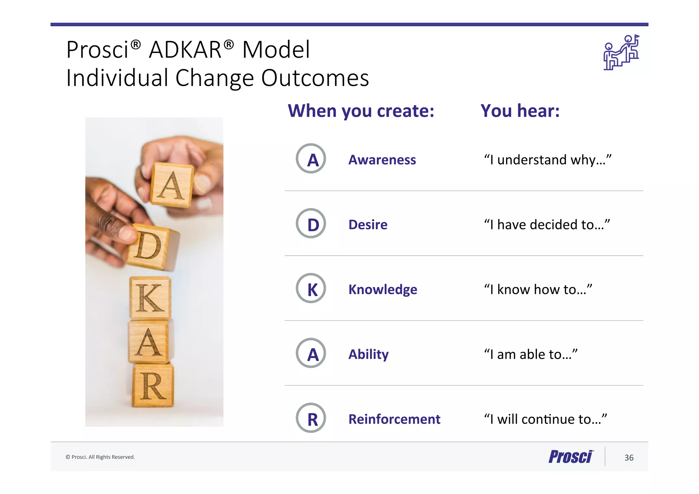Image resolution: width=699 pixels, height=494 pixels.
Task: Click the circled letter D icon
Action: pyautogui.click(x=311, y=223)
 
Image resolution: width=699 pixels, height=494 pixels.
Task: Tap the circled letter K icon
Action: pyautogui.click(x=311, y=288)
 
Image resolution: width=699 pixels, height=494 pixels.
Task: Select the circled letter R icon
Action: pyautogui.click(x=311, y=418)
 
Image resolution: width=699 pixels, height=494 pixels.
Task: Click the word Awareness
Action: pyautogui.click(x=382, y=160)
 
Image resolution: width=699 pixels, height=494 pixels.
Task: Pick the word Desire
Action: pyautogui.click(x=368, y=225)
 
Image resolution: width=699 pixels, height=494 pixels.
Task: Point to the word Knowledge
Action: pyautogui.click(x=383, y=290)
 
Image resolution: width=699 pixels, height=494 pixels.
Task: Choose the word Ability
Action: pyautogui.click(x=368, y=354)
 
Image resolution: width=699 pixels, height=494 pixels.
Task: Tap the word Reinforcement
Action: pyautogui.click(x=394, y=419)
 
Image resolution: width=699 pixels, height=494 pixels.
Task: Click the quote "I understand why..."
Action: pyautogui.click(x=547, y=159)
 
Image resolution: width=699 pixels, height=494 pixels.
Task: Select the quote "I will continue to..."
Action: pyautogui.click(x=545, y=419)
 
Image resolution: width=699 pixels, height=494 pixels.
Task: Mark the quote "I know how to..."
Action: pyautogui.click(x=538, y=289)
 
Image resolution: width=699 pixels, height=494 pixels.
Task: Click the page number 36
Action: pyautogui.click(x=629, y=458)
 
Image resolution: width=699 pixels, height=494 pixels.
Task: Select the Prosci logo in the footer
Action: pyautogui.click(x=571, y=457)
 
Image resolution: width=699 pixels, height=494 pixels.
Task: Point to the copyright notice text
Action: pyautogui.click(x=100, y=457)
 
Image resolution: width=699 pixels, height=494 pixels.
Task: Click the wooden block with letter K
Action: pyautogui.click(x=150, y=298)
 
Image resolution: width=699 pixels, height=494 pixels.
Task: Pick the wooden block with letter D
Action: pyautogui.click(x=150, y=246)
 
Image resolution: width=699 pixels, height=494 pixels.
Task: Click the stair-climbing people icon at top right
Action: pyautogui.click(x=621, y=53)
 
